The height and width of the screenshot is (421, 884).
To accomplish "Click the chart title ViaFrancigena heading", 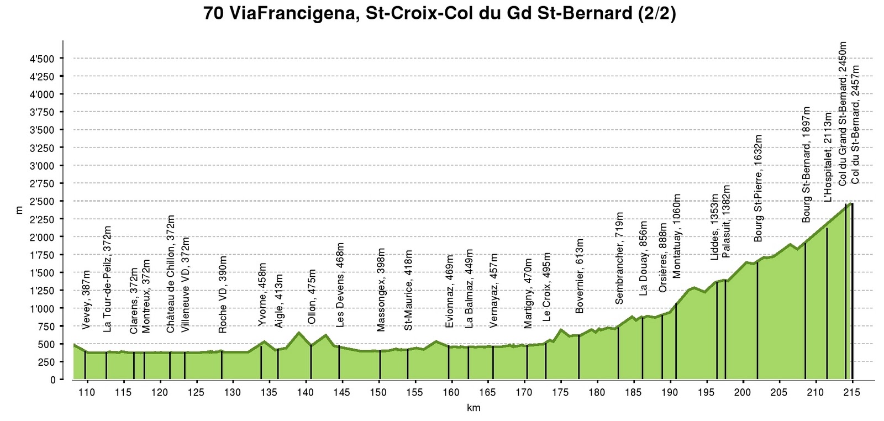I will tap(440, 13).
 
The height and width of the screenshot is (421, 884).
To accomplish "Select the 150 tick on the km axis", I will tap(378, 393).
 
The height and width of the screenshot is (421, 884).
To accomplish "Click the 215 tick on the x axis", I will tap(852, 393).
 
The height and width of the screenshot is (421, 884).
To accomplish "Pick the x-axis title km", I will tap(473, 408).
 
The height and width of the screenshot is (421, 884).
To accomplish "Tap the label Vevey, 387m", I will tap(86, 300).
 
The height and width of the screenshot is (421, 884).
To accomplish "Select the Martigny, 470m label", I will tap(528, 293).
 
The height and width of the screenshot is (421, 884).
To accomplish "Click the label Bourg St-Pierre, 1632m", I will tap(757, 188).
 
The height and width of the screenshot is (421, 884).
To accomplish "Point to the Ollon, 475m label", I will tap(312, 297).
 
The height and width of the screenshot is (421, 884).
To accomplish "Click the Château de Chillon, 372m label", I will tap(171, 274).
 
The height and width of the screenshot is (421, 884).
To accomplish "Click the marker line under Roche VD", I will tap(222, 365).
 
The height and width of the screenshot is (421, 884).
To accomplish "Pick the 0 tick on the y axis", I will tap(53, 380).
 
